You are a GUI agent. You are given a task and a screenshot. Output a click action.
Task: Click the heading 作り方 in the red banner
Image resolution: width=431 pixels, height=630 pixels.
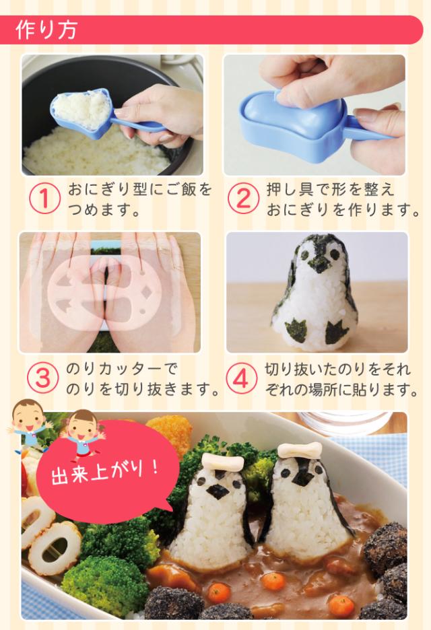click(x=46, y=30)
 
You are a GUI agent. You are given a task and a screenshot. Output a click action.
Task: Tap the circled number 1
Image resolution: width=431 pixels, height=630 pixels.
click(x=44, y=199)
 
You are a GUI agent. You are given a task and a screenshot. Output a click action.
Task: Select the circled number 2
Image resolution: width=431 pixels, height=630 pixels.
click(x=243, y=199)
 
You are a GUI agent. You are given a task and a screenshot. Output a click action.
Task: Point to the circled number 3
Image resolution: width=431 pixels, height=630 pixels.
click(x=42, y=378)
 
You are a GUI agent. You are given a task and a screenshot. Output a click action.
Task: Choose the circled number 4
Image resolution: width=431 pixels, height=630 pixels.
click(x=241, y=378)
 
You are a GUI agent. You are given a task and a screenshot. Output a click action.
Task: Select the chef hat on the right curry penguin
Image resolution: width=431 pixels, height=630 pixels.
click(x=300, y=450)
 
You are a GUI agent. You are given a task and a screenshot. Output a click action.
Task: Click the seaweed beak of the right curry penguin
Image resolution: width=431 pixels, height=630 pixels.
click(x=302, y=478)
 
